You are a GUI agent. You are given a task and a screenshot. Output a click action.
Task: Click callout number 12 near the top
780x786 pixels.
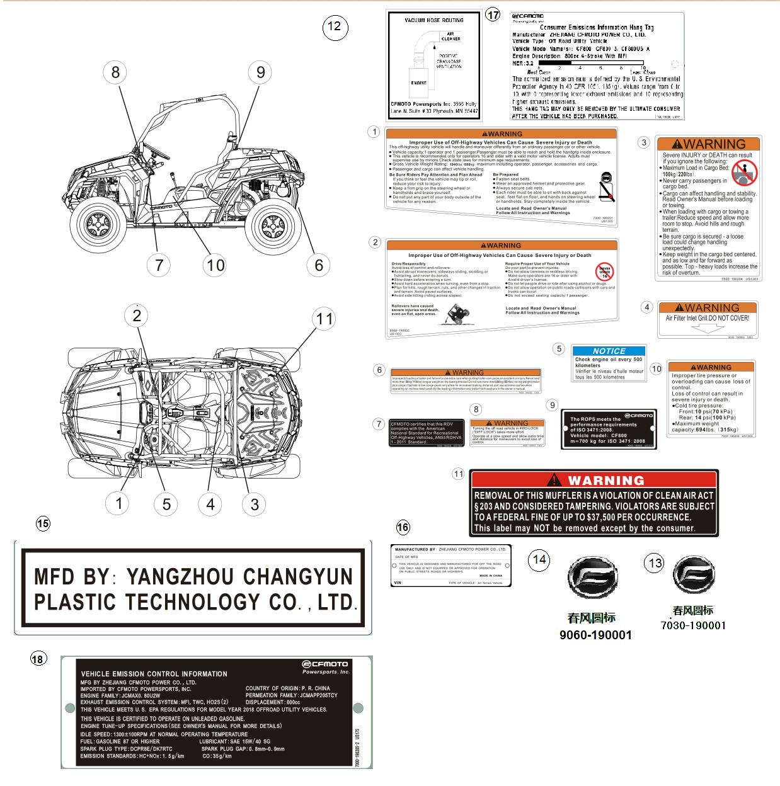tap(335, 26)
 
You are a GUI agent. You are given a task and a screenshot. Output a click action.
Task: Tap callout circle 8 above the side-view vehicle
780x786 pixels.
tap(115, 72)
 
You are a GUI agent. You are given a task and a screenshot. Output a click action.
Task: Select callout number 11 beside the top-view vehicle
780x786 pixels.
tap(324, 319)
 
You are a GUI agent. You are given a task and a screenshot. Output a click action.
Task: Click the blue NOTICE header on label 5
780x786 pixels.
tap(609, 351)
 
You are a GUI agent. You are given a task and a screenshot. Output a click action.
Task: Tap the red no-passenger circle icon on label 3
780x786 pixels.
tap(744, 172)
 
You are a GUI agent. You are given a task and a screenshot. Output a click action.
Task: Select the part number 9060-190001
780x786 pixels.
tap(595, 635)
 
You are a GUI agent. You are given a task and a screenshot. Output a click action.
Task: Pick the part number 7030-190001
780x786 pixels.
tap(693, 625)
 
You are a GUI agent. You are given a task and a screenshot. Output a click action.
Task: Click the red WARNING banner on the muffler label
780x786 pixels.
tap(594, 480)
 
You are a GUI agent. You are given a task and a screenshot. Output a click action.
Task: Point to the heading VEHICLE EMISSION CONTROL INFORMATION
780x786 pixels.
tap(154, 674)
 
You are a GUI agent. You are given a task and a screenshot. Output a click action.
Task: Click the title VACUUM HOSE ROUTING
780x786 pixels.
tap(434, 20)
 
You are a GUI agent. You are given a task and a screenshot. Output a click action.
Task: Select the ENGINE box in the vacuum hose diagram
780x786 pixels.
tap(419, 83)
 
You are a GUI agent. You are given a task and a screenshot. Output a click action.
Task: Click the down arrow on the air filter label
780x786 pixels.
tap(708, 328)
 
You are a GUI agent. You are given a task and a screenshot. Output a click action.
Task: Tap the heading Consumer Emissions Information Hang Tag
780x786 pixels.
tap(597, 28)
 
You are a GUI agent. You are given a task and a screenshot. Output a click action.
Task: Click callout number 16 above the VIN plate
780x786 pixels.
tap(403, 527)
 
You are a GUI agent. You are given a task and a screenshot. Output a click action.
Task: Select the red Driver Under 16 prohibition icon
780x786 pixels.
tap(605, 271)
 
